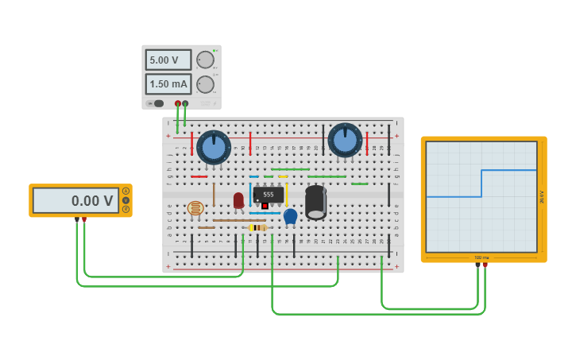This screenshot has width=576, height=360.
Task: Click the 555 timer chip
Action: point(268,195)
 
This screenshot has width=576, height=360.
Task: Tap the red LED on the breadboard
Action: point(238,200)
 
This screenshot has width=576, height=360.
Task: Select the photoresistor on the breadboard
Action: point(195,208)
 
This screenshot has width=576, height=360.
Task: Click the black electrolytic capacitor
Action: point(315,202)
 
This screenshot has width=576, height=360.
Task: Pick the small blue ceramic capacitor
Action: point(290,215)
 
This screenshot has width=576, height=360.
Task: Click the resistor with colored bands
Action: point(258,227)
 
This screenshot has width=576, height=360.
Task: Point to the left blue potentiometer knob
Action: point(214,147)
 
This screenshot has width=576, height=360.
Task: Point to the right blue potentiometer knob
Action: point(345,140)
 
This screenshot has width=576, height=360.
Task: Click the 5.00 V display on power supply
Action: point(168,60)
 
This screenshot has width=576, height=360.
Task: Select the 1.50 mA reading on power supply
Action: point(168,83)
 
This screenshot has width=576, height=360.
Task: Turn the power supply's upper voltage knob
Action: point(205,60)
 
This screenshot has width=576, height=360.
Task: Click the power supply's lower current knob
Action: point(205,84)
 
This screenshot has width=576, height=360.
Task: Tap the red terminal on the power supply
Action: point(177,103)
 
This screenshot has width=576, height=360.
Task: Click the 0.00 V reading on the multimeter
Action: point(76,200)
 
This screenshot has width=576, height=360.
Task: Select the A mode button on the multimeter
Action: point(126,191)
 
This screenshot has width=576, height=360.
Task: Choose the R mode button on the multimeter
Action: point(126,209)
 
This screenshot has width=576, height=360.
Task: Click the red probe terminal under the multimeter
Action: point(84,220)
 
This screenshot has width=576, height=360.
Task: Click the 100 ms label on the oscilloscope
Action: point(481,257)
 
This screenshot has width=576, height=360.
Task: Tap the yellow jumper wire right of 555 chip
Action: point(286,194)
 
